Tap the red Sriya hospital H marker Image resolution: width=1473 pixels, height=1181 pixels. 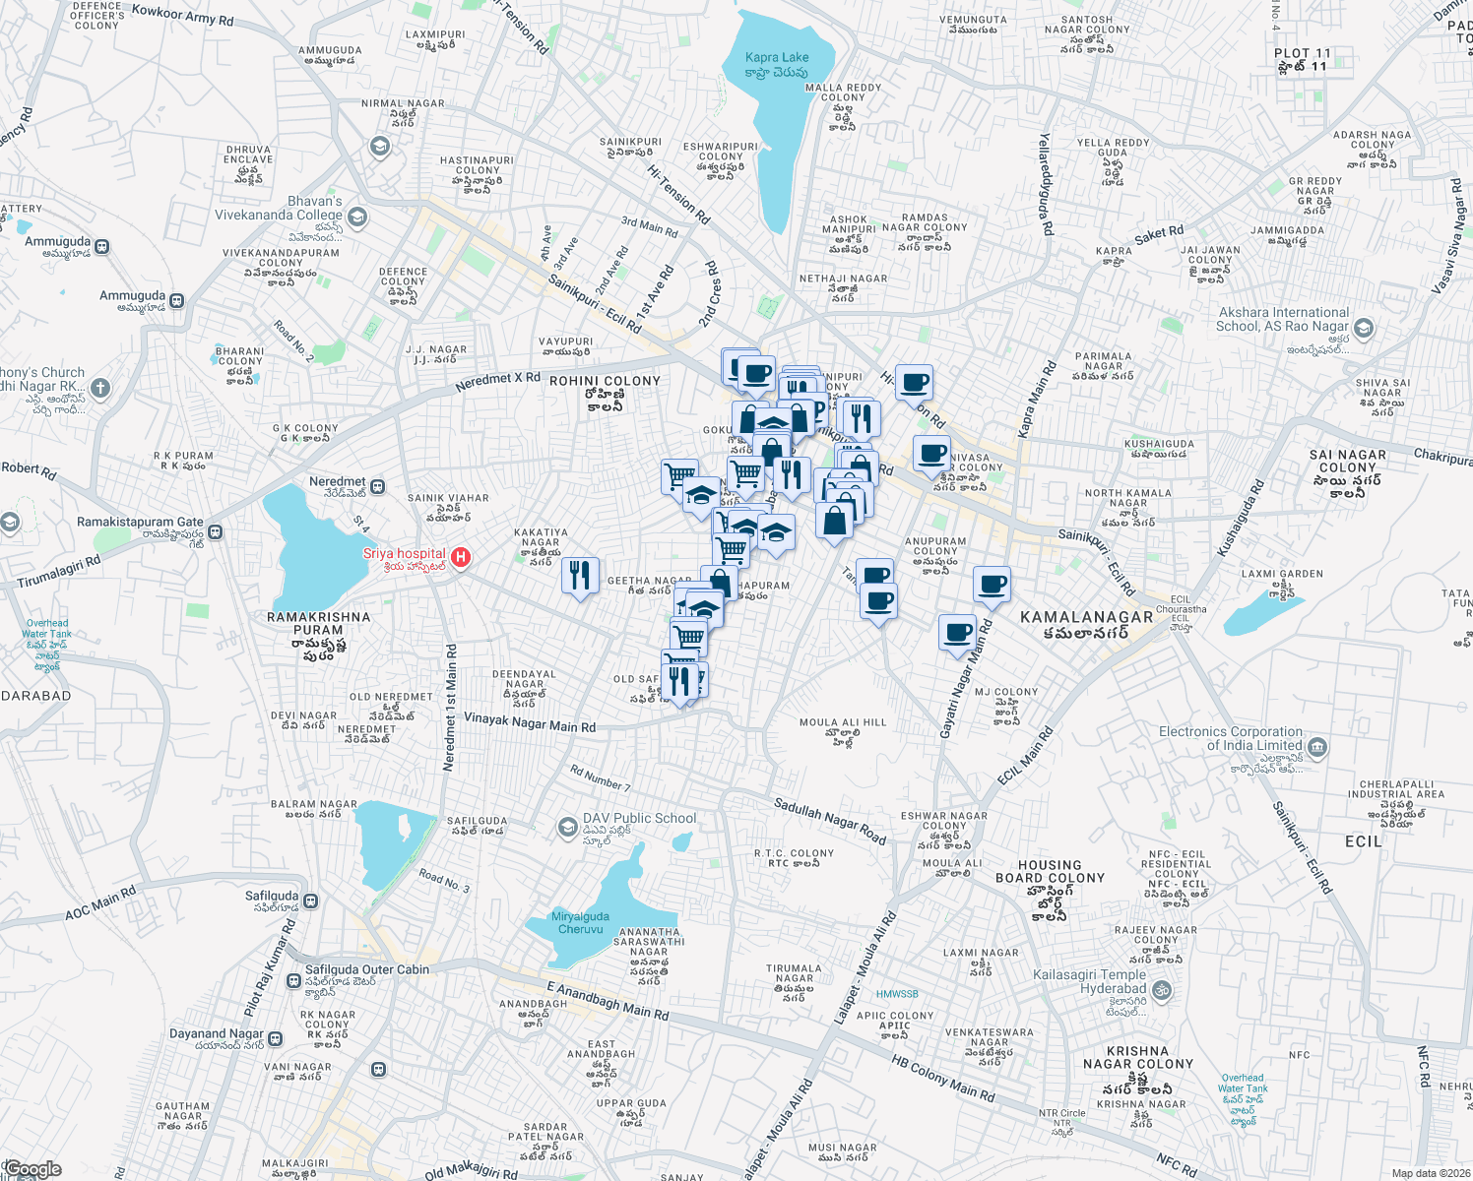click(x=460, y=558)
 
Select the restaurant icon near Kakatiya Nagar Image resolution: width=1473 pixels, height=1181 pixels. click(x=580, y=574)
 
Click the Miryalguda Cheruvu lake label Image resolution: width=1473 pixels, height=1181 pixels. click(x=580, y=922)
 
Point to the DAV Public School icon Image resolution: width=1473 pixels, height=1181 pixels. click(x=567, y=828)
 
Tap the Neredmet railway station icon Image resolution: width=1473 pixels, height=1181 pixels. click(x=378, y=486)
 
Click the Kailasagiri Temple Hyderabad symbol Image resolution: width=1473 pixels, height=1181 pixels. click(x=1162, y=989)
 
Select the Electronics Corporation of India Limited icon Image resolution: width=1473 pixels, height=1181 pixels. click(x=1318, y=748)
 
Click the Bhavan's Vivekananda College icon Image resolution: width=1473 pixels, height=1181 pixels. click(x=357, y=218)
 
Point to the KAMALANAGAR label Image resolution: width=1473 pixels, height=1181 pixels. click(x=1086, y=617)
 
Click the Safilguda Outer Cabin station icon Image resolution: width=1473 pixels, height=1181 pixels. click(x=293, y=981)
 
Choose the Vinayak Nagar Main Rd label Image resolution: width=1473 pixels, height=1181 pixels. click(x=530, y=723)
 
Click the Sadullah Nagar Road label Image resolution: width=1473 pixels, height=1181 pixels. click(x=829, y=822)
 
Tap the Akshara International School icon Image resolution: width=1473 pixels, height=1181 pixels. click(x=1364, y=328)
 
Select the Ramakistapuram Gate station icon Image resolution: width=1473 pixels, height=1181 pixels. click(x=216, y=532)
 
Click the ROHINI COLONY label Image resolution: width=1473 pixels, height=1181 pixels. click(x=605, y=381)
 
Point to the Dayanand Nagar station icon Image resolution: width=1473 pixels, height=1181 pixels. click(x=276, y=1038)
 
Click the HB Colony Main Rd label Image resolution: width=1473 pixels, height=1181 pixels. click(x=942, y=1079)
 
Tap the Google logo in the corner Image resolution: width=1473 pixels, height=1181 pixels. click(x=32, y=1169)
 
